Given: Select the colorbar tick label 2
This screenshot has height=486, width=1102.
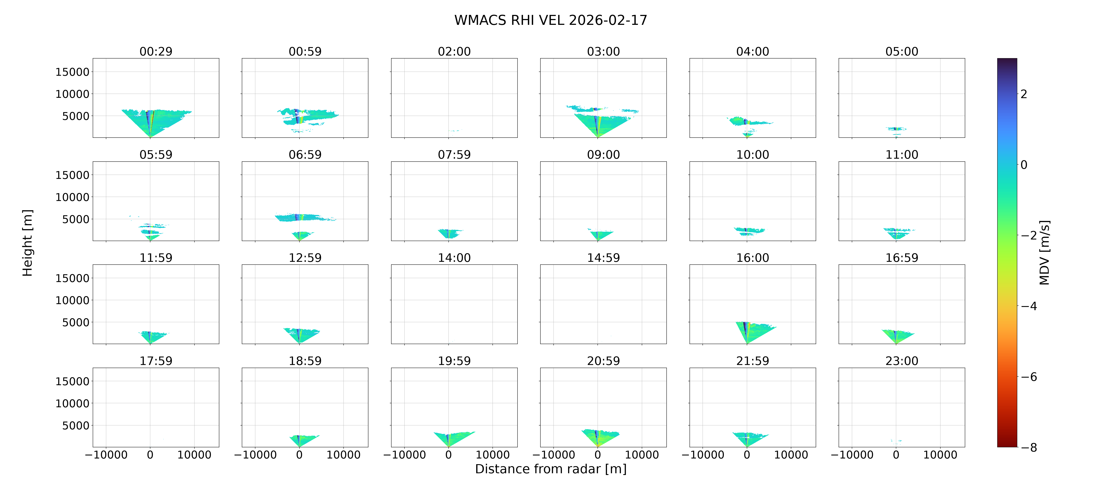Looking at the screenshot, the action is (1024, 94).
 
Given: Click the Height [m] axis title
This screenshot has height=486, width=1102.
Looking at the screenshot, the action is (27, 243).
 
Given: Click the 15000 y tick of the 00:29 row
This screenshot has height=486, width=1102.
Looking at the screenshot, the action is (72, 72).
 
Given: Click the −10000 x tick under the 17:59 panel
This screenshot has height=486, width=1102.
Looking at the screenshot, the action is (106, 455).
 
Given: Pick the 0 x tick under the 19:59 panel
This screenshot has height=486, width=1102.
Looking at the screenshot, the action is (448, 455).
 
